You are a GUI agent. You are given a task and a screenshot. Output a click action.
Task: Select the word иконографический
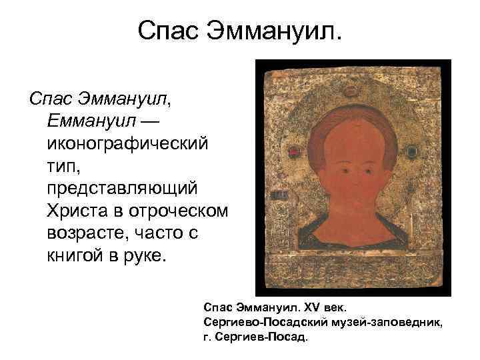click(x=127, y=143)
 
